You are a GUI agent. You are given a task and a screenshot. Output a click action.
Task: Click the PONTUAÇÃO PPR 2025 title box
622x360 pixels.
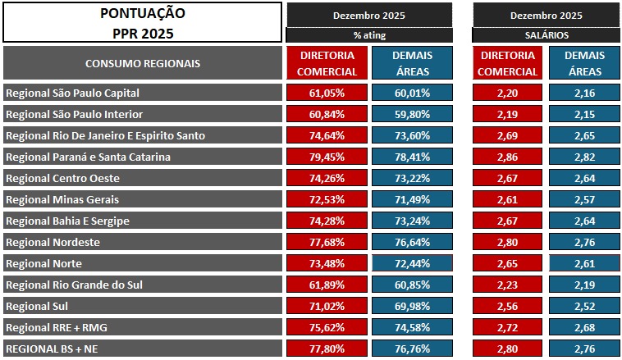(x=142, y=23)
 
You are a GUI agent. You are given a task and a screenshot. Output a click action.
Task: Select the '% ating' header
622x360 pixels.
(x=369, y=35)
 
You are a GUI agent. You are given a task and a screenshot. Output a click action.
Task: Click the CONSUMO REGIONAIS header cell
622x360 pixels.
(x=142, y=63)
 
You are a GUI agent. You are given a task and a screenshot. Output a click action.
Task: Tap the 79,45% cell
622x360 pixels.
(x=327, y=157)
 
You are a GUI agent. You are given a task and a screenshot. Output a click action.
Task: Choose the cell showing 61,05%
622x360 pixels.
(x=327, y=93)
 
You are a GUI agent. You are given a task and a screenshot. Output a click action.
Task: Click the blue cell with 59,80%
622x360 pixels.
(x=412, y=114)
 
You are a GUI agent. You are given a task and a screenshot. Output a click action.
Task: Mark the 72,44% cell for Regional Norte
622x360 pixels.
(x=412, y=263)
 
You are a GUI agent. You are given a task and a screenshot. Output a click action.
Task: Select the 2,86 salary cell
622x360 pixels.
(x=507, y=157)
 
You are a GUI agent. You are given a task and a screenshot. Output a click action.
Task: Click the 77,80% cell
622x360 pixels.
(x=327, y=349)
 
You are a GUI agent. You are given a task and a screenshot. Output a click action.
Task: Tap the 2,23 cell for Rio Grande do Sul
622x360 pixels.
(x=507, y=285)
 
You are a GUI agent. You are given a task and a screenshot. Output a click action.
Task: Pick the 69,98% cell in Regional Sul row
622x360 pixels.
(x=412, y=306)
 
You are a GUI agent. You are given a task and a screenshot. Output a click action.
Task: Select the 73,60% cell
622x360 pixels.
(x=412, y=135)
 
